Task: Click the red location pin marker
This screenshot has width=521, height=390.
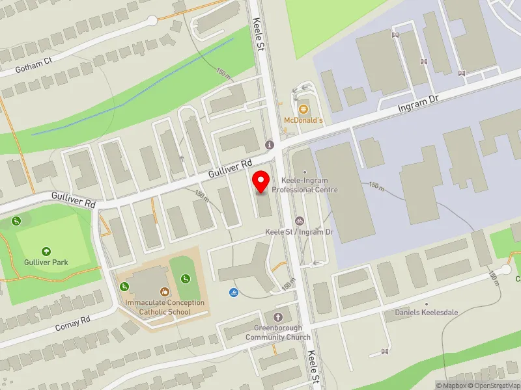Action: [261, 181]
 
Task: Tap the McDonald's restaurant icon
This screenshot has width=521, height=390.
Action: [303, 108]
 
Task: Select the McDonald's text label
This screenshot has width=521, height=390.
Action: [303, 120]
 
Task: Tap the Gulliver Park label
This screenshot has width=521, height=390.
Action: [47, 263]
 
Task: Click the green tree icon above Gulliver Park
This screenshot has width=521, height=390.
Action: [46, 251]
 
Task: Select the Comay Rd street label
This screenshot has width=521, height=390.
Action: [72, 320]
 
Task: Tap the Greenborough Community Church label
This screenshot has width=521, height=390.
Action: [278, 333]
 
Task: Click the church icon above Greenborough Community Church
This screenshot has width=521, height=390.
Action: [278, 317]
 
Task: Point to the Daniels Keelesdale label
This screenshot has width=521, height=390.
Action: [427, 312]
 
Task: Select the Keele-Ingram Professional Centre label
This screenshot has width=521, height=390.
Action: [305, 185]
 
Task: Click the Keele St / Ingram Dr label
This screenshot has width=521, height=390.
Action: [299, 232]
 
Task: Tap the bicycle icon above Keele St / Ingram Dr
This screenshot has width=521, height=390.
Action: [299, 221]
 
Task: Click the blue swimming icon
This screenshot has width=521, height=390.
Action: [232, 291]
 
